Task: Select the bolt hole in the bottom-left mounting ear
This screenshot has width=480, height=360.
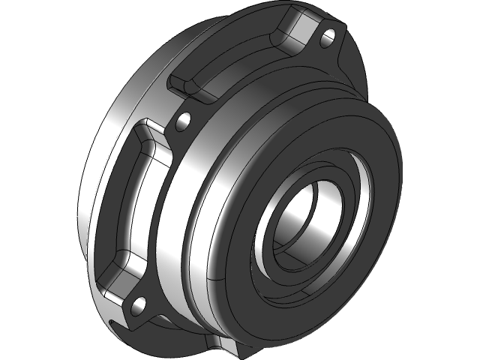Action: tap(138, 304)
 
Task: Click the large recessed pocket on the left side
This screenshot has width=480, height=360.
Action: tap(127, 202)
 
